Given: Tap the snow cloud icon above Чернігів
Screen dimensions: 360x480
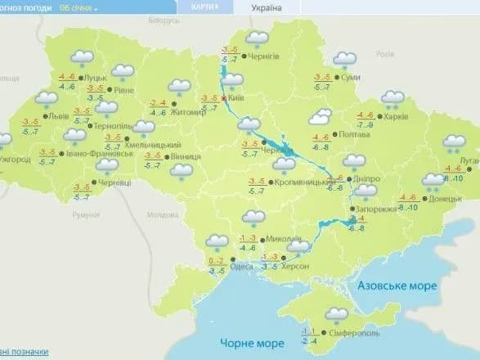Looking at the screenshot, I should [x=258, y=38].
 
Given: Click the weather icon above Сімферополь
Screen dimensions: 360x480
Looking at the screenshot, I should [x=335, y=314].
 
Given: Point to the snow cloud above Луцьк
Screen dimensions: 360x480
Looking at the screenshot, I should [x=81, y=57].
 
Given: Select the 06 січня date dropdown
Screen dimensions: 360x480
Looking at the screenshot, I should [x=79, y=7].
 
